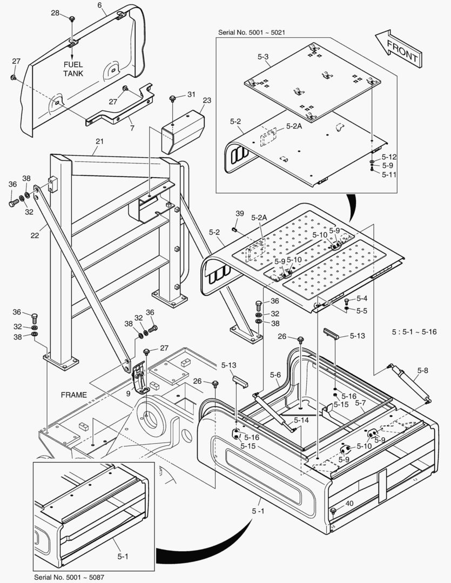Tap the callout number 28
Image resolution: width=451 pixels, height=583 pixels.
55,12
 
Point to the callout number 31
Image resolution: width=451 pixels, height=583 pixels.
191,95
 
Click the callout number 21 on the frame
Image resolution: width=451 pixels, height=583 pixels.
99,142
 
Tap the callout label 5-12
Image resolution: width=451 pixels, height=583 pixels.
389,157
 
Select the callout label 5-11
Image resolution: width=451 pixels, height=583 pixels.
389,174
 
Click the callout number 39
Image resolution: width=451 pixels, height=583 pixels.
239,214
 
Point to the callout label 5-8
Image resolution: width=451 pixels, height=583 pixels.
423,370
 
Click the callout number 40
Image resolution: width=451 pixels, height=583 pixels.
349,503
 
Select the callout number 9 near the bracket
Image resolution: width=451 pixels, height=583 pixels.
128,394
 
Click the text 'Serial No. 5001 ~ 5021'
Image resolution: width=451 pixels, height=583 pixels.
252,32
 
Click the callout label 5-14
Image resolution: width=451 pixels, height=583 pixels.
301,419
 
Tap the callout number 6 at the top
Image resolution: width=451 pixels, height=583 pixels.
99,5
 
